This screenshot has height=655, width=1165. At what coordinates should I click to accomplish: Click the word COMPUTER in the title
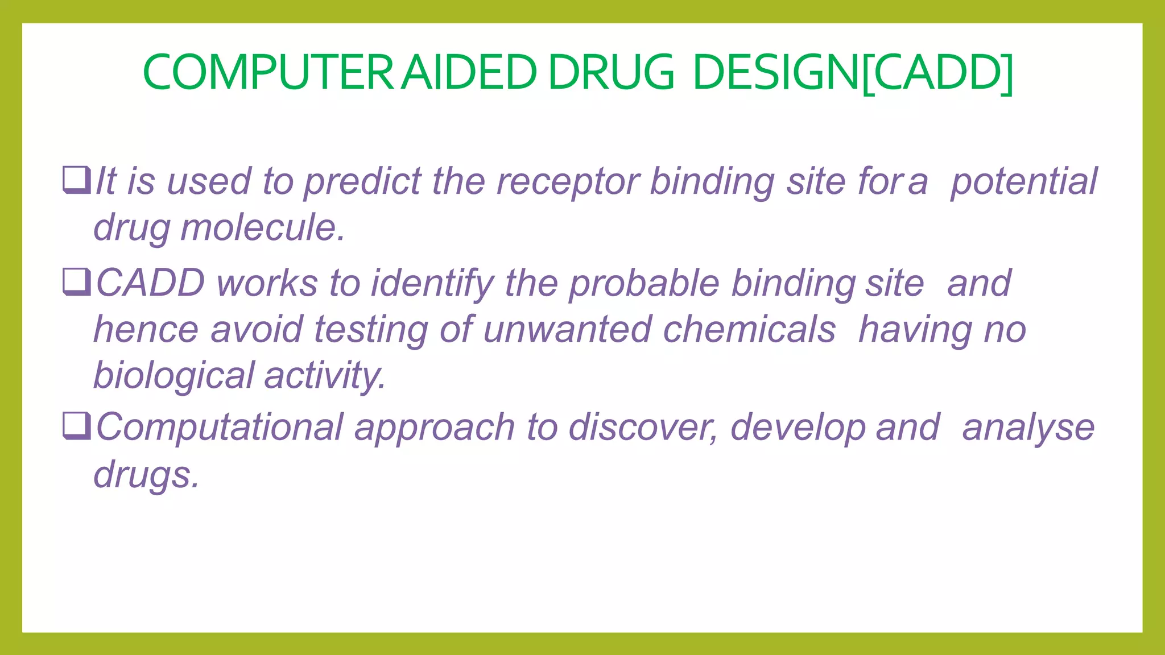click(268, 73)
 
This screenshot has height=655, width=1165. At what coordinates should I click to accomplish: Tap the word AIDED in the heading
click(469, 73)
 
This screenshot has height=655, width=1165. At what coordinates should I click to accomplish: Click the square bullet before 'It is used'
click(77, 180)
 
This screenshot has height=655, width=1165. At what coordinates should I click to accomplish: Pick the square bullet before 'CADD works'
click(77, 282)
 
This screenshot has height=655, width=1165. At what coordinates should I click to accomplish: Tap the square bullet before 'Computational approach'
click(77, 426)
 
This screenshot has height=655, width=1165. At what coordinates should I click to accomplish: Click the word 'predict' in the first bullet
click(362, 182)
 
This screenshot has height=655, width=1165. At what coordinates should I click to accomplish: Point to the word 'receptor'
click(568, 182)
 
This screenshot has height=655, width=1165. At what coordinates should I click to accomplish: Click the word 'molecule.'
click(263, 227)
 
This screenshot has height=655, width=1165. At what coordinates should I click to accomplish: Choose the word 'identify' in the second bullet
click(432, 284)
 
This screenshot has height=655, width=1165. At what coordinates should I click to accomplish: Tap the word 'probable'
click(644, 284)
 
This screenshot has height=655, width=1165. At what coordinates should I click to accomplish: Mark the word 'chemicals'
click(749, 329)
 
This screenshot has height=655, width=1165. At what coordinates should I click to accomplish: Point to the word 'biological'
click(173, 376)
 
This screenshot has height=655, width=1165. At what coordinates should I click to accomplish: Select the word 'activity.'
click(325, 376)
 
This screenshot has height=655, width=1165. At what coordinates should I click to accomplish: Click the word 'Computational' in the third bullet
click(220, 428)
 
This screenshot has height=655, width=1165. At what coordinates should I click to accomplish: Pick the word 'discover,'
click(643, 428)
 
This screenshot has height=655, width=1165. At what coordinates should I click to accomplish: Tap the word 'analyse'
click(1028, 428)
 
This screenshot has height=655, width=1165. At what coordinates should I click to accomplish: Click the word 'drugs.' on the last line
click(147, 474)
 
